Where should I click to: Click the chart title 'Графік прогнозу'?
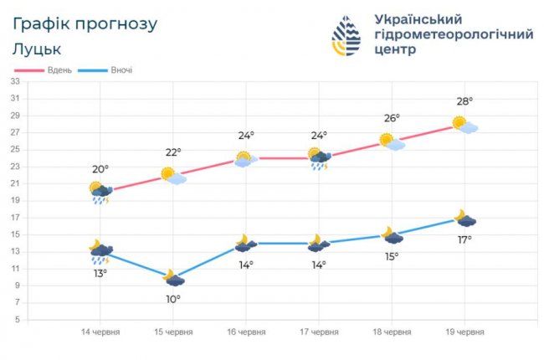85,23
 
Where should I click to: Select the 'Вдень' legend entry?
59,69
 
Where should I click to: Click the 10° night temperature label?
173,299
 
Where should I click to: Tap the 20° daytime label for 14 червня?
100,168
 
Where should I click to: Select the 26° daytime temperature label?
391,118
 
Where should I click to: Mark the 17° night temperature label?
464,239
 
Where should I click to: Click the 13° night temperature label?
100,273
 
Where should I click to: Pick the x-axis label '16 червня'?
246,332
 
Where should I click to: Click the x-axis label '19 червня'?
464,332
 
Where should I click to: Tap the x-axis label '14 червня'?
100,332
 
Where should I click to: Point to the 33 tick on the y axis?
15,81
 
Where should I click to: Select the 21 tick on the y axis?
15,183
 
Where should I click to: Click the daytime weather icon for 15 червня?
173,176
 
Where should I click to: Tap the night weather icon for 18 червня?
392,235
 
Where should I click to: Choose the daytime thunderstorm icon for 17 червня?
319,158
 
